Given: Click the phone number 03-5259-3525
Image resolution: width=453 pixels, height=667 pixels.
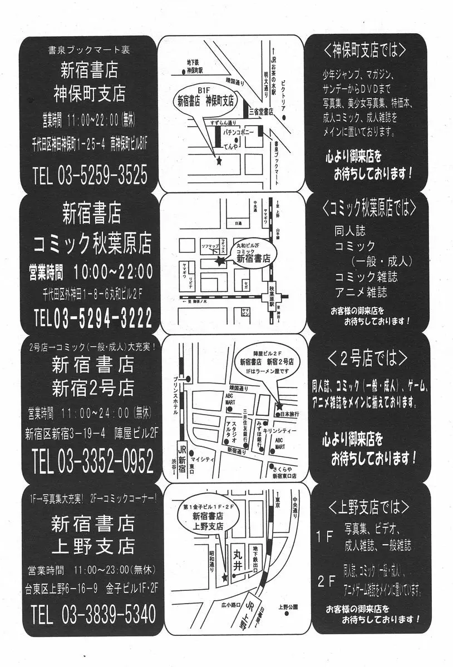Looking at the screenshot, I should (x=102, y=175).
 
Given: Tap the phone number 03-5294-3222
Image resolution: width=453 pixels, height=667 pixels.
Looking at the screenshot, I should (x=102, y=318).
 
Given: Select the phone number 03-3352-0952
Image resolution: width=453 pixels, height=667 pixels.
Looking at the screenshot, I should (x=103, y=461).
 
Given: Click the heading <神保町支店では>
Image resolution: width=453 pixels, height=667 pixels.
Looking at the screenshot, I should (x=364, y=51).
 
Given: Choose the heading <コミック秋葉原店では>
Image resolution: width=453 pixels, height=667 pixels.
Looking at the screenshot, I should (x=369, y=208).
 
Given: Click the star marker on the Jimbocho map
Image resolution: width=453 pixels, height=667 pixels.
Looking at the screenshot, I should (x=219, y=161).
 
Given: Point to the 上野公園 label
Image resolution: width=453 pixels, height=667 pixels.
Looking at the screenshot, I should (x=288, y=606).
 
